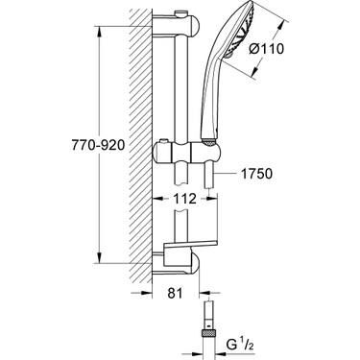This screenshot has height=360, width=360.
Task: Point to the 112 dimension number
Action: click(x=186, y=200)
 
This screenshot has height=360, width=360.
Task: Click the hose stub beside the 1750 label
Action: click(x=219, y=174)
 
